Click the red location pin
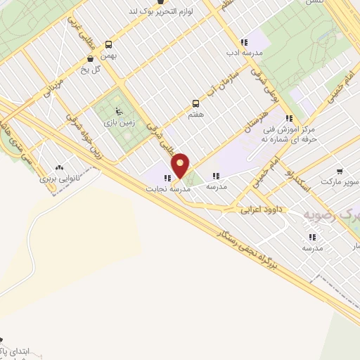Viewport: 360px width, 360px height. (181, 166)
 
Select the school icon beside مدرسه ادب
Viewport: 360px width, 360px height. (243, 41)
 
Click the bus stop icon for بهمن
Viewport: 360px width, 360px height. (108, 44)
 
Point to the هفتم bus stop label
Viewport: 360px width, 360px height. (195, 113)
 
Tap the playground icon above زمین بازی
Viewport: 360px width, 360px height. (118, 111)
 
